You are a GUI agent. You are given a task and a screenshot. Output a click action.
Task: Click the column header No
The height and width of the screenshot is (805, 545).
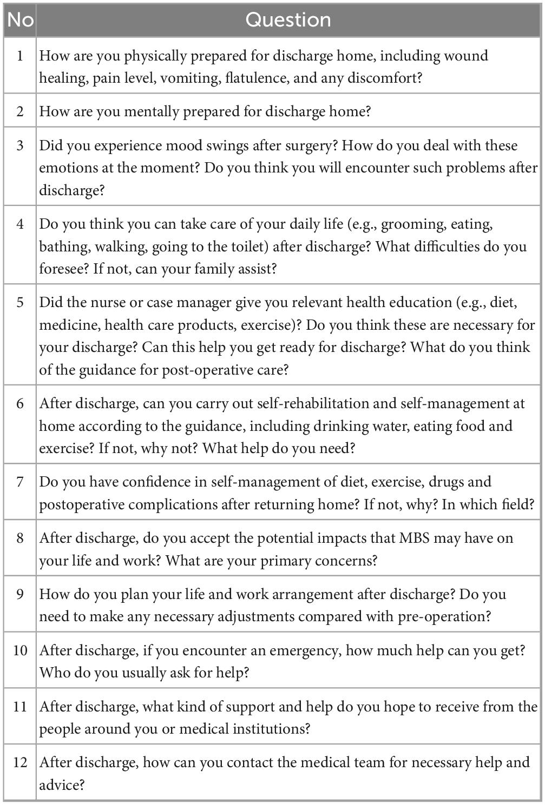tap(20, 20)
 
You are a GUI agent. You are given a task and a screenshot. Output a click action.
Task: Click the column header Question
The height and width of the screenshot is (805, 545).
tap(288, 20)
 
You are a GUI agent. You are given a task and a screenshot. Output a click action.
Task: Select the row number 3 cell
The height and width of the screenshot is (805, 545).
tap(20, 146)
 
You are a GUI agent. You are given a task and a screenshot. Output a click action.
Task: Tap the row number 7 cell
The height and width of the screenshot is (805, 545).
tap(20, 482)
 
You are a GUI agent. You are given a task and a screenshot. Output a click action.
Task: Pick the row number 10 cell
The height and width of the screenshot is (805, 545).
tap(20, 650)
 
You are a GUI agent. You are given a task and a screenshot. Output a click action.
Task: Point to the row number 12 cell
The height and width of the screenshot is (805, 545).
tap(20, 763)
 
